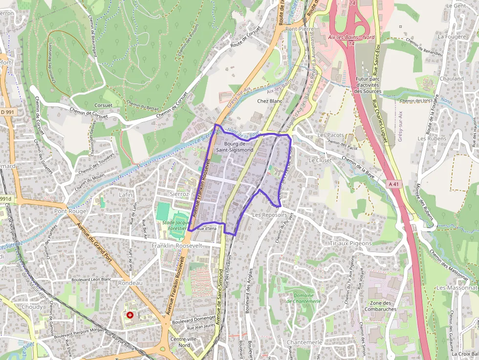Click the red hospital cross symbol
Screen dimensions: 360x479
click(x=130, y=315)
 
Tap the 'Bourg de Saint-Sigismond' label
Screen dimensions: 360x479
click(x=239, y=147)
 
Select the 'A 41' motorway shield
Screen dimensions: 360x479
click(x=395, y=184)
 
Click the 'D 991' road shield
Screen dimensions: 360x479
click(x=7, y=112)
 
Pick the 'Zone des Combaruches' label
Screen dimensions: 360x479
click(x=380, y=306)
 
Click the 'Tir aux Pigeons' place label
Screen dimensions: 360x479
click(x=350, y=243)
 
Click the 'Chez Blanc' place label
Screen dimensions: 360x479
click(x=270, y=101)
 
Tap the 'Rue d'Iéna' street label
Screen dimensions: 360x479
click(x=206, y=228)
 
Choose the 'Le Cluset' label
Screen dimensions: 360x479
click(x=320, y=160)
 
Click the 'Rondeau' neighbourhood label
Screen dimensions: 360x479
click(x=130, y=283)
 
